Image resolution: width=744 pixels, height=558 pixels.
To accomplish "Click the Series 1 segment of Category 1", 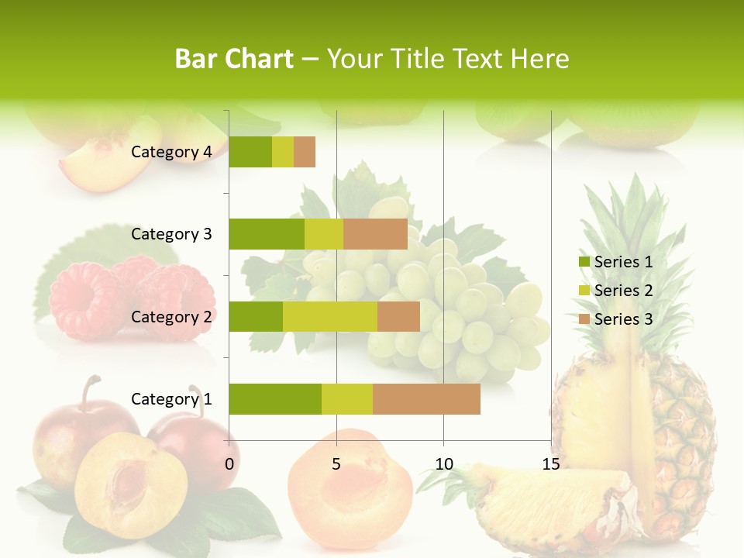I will coord(275,399).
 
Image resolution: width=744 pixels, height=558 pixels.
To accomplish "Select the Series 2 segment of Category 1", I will coord(347,399).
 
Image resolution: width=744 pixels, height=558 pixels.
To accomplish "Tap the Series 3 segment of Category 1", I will coord(426,399).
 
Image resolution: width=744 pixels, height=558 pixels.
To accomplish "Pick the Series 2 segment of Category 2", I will coord(330,316).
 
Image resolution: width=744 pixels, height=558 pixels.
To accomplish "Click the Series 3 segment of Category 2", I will coord(398,316).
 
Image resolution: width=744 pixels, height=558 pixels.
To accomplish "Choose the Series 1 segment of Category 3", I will coord(267,234).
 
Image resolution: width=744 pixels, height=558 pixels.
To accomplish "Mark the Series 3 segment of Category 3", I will coord(375,234).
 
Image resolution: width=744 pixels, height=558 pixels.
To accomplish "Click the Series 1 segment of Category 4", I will coord(250,152).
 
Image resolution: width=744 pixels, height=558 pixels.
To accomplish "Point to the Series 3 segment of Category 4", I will coord(305,152).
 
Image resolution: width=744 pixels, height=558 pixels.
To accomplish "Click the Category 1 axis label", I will coord(171,399).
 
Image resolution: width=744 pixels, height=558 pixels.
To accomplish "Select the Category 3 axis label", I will coord(171,234).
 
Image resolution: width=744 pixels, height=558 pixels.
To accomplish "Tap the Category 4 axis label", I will coord(171,152).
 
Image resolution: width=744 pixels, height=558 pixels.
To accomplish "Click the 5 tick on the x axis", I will coord(336,464).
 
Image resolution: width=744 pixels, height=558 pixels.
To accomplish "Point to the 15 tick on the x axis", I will coord(550,464).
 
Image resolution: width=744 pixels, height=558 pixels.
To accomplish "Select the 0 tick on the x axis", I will coord(229,464).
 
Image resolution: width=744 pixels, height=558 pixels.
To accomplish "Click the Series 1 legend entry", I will coord(615,262).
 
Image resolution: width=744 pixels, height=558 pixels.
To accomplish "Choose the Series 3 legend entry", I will coord(615,319).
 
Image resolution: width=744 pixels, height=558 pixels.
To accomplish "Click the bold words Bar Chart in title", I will coord(234,59).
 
